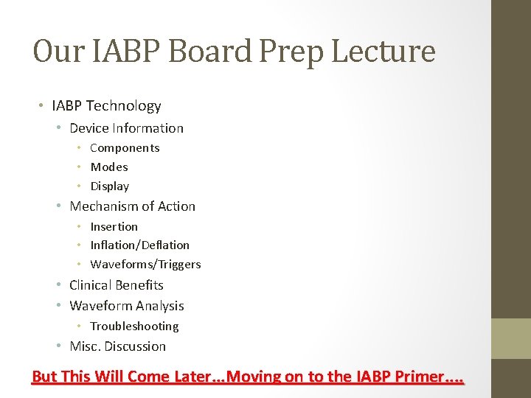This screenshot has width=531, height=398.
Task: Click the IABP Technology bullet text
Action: (106, 106)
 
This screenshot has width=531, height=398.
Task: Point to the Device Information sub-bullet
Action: (126, 128)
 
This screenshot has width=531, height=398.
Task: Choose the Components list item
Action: (125, 148)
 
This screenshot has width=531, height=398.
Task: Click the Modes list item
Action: (109, 167)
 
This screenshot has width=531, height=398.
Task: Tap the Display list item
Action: (109, 186)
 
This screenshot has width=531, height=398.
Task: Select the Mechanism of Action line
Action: (132, 206)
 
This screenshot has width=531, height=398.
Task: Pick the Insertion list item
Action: (114, 227)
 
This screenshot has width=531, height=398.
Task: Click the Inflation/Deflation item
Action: (139, 245)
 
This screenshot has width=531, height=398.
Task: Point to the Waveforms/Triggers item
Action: (145, 265)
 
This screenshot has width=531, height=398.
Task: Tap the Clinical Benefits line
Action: (116, 285)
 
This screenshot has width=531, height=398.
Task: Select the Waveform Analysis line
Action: (126, 306)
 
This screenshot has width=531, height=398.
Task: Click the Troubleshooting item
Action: (134, 327)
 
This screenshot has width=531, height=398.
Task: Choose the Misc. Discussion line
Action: (117, 346)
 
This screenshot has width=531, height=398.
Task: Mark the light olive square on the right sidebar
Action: (512, 338)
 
